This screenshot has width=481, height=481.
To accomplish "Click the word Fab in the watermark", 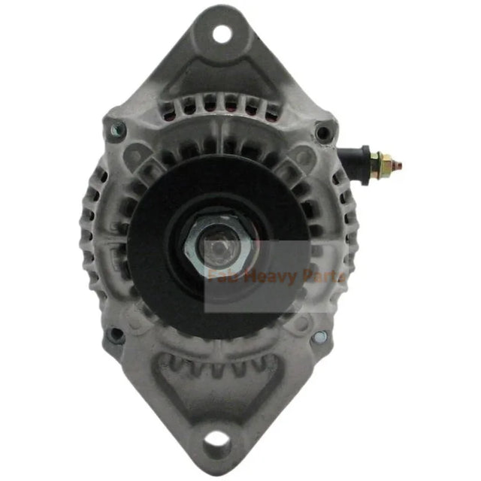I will (221, 277).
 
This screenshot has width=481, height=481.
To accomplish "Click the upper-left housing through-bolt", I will (114, 131).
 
